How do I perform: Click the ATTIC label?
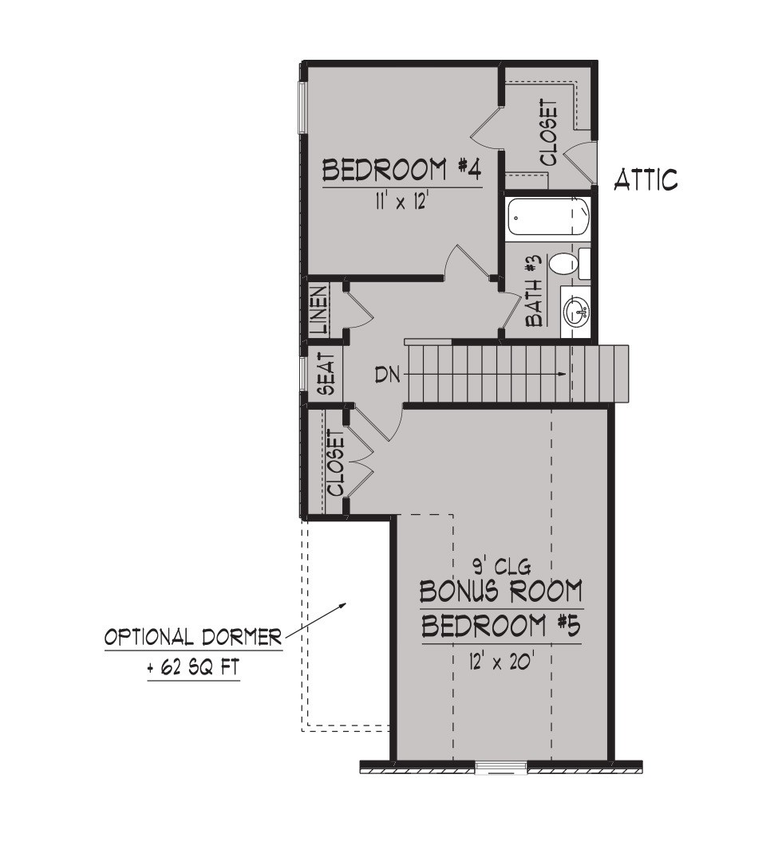(x=646, y=180)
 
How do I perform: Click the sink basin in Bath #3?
(x=577, y=312)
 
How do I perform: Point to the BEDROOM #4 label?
(x=401, y=170)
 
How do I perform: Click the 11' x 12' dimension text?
(x=401, y=202)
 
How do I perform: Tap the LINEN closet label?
(x=318, y=309)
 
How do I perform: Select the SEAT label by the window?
(x=326, y=374)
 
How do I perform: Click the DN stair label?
(x=388, y=375)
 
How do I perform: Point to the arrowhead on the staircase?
(x=562, y=373)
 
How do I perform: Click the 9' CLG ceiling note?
(x=502, y=566)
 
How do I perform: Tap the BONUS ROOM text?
(x=501, y=591)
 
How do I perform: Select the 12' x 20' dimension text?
(x=501, y=661)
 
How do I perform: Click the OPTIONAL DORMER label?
(x=193, y=638)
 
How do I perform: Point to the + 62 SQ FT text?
(x=193, y=668)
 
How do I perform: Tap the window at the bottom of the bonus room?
(x=502, y=767)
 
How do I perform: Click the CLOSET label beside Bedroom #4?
(x=549, y=132)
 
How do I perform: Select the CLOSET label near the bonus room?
(x=335, y=463)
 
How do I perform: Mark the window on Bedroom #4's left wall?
(x=302, y=107)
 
